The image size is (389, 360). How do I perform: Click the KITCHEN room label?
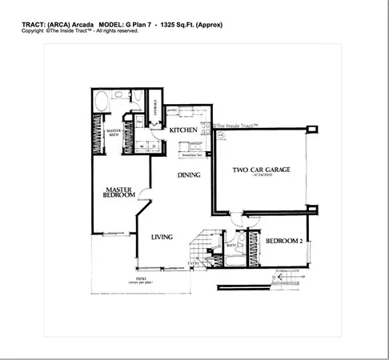(x=183, y=130)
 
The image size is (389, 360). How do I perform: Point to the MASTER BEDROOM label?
(x=118, y=195)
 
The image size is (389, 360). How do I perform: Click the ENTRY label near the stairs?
(x=193, y=263)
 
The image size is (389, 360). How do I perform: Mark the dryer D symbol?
(x=152, y=147)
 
